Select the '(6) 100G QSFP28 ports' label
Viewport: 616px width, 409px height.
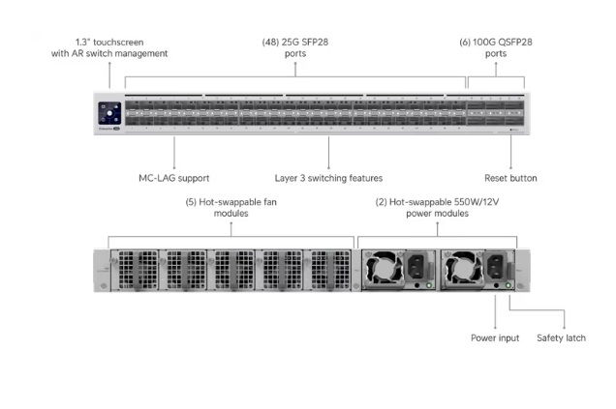pos(495,47)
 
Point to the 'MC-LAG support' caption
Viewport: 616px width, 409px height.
pos(174,178)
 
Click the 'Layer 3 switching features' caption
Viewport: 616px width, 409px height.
pos(328,178)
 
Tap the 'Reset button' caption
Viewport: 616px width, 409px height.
pos(510,178)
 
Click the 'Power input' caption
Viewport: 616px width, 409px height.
pos(495,337)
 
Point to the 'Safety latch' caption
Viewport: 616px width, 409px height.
pos(561,337)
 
